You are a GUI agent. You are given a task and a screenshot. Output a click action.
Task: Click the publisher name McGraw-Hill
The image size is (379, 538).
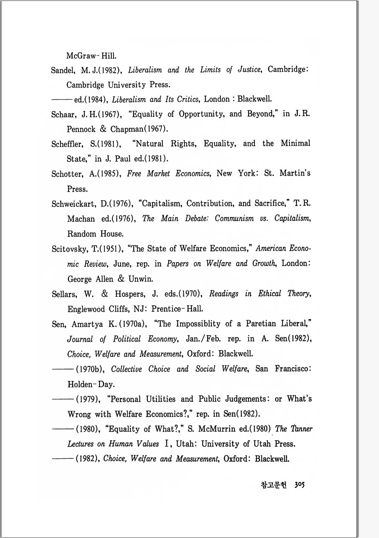[91, 56]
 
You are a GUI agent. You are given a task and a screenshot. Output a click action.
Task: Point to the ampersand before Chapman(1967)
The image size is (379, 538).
[103, 129]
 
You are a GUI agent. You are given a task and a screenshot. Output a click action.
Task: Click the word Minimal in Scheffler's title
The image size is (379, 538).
[295, 143]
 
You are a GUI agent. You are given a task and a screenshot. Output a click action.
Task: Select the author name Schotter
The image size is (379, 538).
[67, 174]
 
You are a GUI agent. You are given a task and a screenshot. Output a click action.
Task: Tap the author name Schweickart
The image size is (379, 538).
[73, 204]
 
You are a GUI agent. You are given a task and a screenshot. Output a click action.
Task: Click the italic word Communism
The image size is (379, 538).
[234, 218]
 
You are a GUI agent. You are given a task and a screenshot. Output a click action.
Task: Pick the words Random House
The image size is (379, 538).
[95, 234]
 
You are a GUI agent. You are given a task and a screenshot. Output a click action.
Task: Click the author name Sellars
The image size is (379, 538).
[64, 294]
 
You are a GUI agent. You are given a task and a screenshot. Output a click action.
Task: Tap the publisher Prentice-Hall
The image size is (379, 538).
[177, 309]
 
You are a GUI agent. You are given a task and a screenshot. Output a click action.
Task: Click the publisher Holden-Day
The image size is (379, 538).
[91, 384]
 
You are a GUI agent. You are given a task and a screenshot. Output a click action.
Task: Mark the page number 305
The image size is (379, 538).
[300, 485]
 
